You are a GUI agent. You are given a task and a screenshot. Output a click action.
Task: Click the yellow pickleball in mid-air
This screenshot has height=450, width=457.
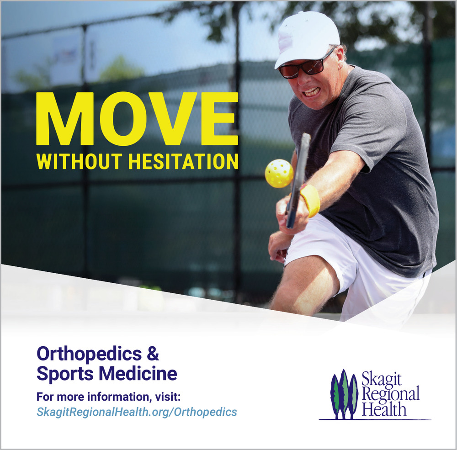pyautogui.click(x=279, y=174)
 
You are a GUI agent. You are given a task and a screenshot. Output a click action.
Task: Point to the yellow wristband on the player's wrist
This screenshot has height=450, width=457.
pyautogui.click(x=310, y=201)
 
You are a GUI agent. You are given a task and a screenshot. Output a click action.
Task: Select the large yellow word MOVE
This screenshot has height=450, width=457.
pyautogui.click(x=137, y=119)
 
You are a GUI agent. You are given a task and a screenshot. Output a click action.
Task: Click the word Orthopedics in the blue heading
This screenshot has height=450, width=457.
pyautogui.click(x=89, y=354)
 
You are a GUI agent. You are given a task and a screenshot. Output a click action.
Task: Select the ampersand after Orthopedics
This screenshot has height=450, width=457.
pyautogui.click(x=153, y=353)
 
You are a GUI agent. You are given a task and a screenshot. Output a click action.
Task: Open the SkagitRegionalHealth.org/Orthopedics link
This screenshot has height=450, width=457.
pyautogui.click(x=137, y=412)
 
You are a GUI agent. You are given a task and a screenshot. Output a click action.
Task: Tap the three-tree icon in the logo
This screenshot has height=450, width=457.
pyautogui.click(x=344, y=394)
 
